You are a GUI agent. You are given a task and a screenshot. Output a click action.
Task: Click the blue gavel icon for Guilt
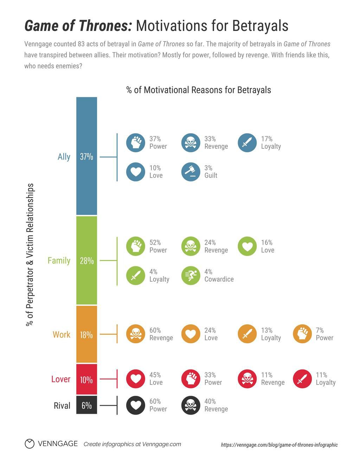[191, 172]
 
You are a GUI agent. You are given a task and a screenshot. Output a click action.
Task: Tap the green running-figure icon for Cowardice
[191, 275]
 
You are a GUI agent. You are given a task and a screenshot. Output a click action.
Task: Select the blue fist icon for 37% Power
[136, 142]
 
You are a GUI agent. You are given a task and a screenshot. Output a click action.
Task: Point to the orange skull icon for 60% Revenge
[136, 334]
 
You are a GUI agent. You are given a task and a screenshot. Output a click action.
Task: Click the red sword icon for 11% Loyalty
[302, 379]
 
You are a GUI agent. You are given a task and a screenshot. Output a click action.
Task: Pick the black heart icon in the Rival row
[136, 405]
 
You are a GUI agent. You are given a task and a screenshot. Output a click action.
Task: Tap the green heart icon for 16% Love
[247, 246]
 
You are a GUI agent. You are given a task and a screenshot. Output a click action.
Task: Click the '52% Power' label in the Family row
[158, 246]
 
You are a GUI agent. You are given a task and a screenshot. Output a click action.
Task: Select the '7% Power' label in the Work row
[324, 334]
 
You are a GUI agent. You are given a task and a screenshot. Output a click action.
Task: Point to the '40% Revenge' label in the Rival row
[216, 405]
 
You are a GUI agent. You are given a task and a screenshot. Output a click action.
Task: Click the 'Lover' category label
[61, 379]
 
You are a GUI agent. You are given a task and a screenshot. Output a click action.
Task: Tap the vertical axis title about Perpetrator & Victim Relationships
[30, 255]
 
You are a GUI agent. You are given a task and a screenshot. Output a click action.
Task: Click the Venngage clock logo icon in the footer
[30, 444]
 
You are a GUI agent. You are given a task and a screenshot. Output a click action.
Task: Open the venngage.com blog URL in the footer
[279, 445]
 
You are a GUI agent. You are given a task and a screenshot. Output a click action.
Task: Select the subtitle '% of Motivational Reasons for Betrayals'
[199, 90]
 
